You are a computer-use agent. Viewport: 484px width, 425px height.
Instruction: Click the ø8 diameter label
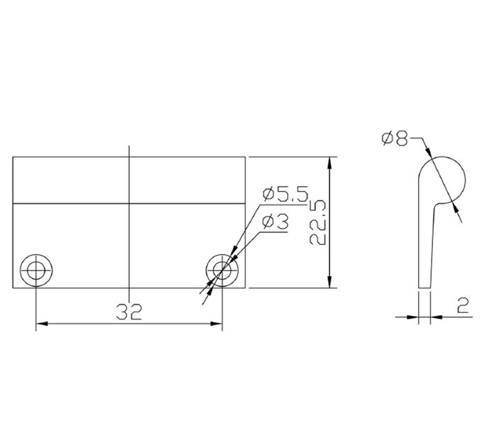(x=394, y=138)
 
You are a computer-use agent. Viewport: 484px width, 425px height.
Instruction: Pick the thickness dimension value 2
(x=463, y=306)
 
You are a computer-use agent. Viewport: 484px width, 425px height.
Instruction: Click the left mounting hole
(x=36, y=269)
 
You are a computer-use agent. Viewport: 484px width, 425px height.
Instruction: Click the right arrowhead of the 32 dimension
(x=218, y=324)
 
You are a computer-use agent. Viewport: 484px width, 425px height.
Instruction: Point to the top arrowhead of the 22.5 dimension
(x=330, y=163)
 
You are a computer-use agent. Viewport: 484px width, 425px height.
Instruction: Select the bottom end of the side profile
(x=424, y=287)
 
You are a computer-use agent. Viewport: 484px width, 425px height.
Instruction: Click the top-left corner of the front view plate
(x=13, y=157)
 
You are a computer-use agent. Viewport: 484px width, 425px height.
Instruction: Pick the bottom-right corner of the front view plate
(x=245, y=289)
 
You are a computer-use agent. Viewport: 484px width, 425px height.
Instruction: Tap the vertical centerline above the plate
(x=129, y=150)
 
